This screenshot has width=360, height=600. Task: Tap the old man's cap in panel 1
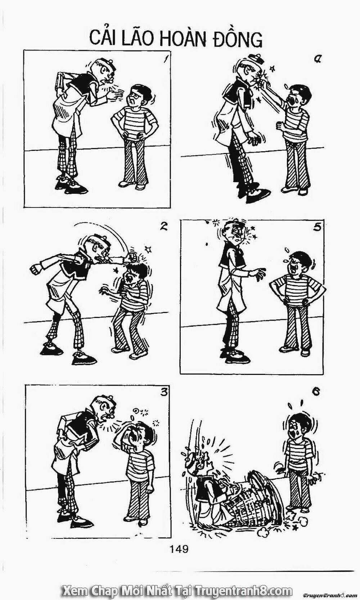pos(107,64)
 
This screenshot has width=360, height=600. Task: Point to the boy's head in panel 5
pos(299,263)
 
